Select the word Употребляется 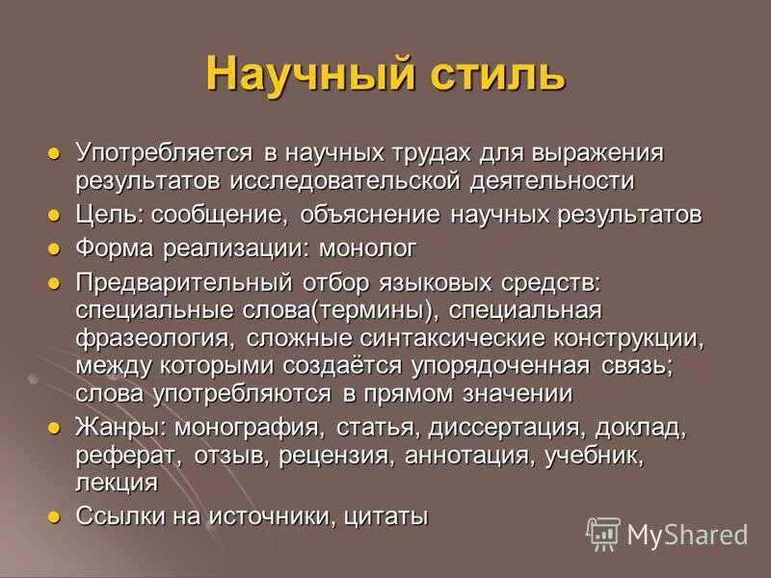[x=164, y=153]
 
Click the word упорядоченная [x=507, y=366]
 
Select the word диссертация [x=507, y=427]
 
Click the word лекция [x=116, y=482]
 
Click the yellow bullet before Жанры [x=54, y=427]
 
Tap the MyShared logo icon [x=604, y=533]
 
